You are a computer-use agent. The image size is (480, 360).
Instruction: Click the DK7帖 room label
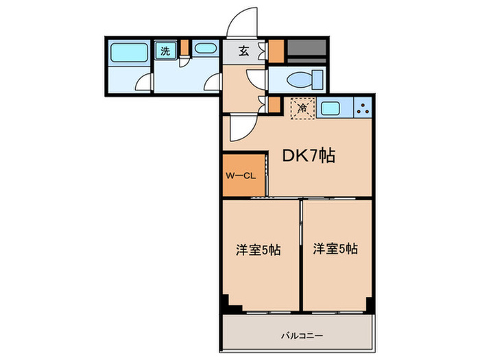[x=309, y=156]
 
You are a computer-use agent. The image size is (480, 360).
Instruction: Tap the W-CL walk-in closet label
[x=241, y=176]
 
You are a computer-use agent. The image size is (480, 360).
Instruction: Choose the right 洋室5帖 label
[x=335, y=250]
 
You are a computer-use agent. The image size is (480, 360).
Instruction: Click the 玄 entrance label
[x=244, y=50]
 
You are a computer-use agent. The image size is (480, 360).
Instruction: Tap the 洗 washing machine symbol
[x=165, y=50]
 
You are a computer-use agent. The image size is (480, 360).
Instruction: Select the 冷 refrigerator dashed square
[x=302, y=108]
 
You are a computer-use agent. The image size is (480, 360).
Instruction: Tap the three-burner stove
[x=363, y=108]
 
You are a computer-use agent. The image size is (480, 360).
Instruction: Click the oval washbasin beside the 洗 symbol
[x=203, y=49]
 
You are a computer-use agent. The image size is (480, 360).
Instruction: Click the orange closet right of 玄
[x=276, y=51]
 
